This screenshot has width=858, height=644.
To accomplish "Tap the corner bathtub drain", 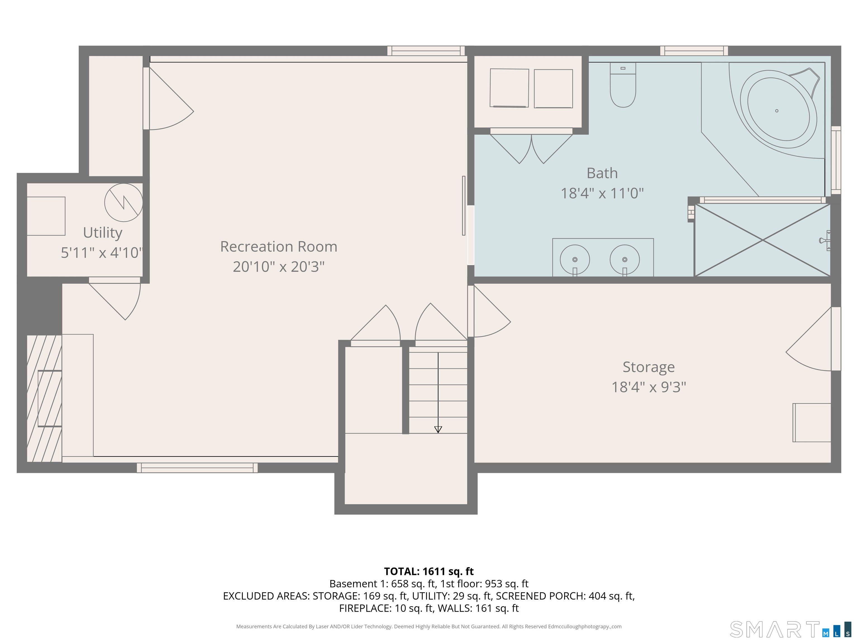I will click(776, 111).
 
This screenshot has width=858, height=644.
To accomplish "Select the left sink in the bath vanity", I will click(575, 260).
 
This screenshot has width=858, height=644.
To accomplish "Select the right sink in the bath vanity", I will click(625, 260).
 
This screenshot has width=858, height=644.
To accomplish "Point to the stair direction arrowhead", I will click(438, 429).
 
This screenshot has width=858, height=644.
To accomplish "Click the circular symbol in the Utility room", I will click(123, 203).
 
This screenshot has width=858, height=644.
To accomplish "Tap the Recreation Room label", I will click(278, 247).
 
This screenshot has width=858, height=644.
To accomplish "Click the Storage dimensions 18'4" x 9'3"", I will click(649, 387).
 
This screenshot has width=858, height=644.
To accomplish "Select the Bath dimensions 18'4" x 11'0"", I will click(602, 193).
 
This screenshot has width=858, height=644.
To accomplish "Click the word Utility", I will click(103, 233).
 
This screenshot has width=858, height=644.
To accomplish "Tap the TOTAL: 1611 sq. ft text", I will click(429, 571).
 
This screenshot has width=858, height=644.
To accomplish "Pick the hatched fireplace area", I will click(44, 398).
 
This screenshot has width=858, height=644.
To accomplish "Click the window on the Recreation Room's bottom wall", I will click(197, 468).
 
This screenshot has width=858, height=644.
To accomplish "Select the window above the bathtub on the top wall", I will click(694, 51).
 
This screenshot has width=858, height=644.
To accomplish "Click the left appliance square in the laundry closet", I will click(509, 88).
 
